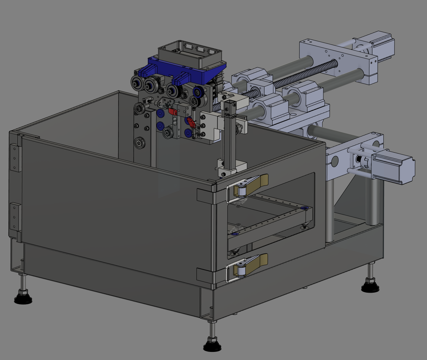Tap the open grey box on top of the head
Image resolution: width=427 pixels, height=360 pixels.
pos(190,55)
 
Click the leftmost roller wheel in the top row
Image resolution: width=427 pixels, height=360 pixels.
pos(136,84)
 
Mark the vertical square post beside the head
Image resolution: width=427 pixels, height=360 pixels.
pos(229,134)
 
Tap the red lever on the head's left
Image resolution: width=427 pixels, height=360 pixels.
pos(172,111)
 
